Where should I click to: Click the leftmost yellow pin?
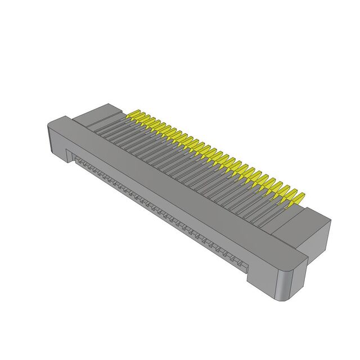[133, 116]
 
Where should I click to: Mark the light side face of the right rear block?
[318, 231]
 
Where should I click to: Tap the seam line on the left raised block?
[93, 119]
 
